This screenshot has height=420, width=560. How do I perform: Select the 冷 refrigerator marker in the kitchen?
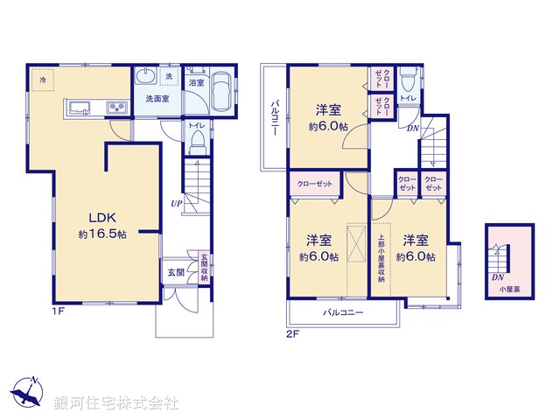coord(40,79)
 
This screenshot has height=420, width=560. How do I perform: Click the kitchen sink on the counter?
coord(78,108)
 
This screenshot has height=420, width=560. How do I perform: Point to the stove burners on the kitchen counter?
coord(117,108)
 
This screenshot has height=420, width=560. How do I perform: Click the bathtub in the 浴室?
coord(223,93)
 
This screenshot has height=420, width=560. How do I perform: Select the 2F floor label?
coord(294,333)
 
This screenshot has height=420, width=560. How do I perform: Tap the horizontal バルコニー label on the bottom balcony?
coord(342,311)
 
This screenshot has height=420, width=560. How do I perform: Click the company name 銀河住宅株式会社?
coord(116,403)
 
